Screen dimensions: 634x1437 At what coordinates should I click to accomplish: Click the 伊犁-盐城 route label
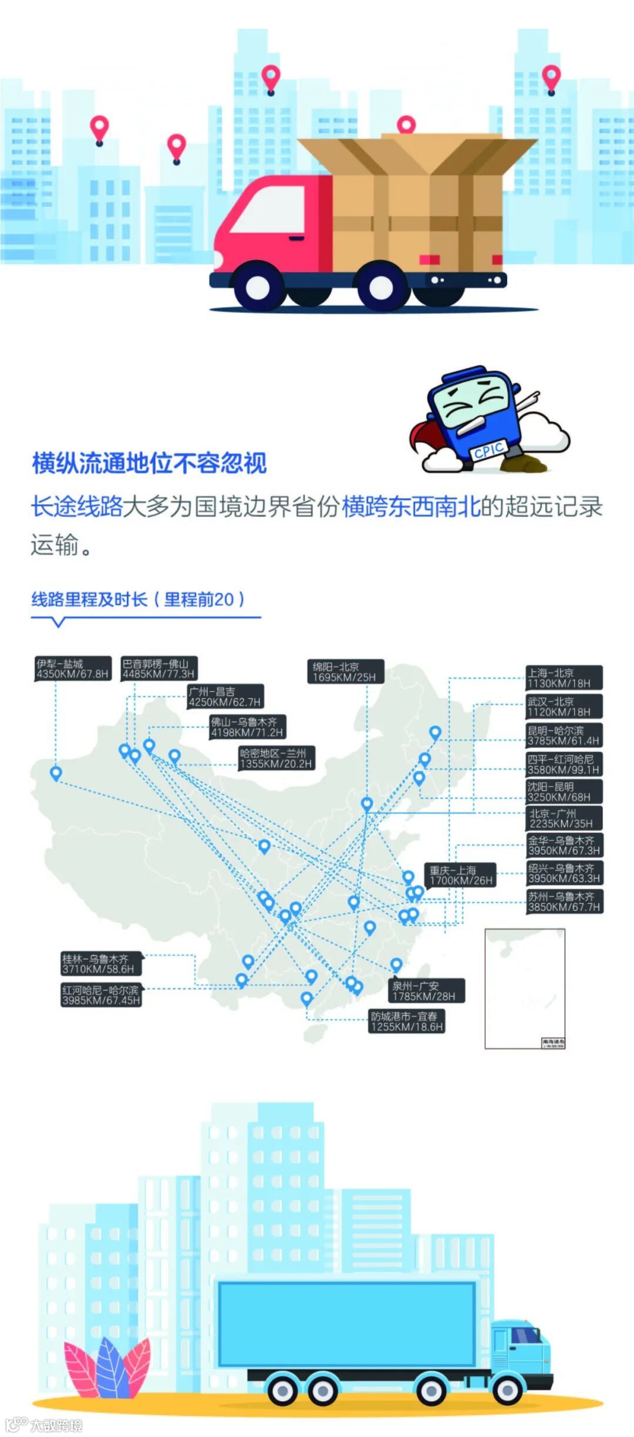tap(73, 669)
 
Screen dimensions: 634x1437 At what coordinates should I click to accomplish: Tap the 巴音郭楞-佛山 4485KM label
tap(158, 669)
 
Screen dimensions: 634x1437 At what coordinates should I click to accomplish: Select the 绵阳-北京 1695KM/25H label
tap(345, 672)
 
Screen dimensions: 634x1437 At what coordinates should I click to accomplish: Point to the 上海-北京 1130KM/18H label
tap(564, 678)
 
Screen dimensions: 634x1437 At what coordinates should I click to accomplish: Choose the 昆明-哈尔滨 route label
tap(564, 735)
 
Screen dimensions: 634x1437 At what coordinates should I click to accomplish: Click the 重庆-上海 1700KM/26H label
tap(461, 875)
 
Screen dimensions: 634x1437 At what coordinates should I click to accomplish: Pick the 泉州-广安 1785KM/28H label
tap(428, 991)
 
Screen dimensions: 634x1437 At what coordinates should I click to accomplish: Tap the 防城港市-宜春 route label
tap(406, 1021)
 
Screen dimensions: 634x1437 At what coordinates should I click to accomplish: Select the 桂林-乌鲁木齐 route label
tap(100, 964)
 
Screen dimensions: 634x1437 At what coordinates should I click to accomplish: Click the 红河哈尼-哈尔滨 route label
tap(101, 995)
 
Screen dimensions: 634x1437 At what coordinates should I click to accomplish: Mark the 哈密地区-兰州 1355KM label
tap(276, 758)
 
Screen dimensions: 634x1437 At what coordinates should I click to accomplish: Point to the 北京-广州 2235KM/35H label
tap(564, 818)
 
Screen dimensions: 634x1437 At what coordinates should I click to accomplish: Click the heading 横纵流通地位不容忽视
tap(150, 463)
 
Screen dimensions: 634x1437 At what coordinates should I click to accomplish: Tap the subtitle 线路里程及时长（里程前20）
tap(137, 599)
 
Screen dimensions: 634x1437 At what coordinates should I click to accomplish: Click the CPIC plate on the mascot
tap(488, 450)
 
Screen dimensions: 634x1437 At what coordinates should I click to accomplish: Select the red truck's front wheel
tap(257, 287)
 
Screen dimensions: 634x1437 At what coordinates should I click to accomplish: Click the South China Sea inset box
tap(524, 988)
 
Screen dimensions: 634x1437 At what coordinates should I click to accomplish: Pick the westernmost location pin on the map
tap(56, 773)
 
